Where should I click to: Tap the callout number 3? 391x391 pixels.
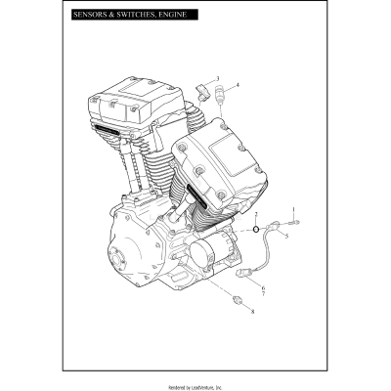tap(217, 78)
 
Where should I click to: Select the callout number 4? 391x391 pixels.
tap(238, 85)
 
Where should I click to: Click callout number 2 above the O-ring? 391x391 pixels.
tap(256, 213)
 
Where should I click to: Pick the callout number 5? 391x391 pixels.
tap(286, 236)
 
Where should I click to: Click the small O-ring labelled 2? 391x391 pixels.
tap(256, 231)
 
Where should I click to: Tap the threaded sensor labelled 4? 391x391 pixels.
tap(222, 97)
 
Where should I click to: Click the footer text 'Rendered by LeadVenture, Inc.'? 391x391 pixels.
tap(195, 382)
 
